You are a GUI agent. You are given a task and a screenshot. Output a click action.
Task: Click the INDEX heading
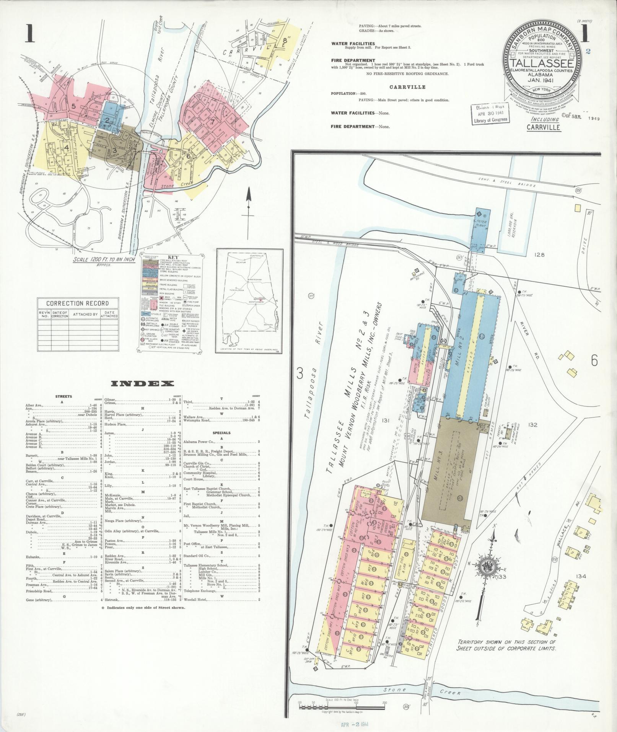pyautogui.click(x=143, y=383)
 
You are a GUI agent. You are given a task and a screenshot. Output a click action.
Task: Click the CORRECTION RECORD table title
pyautogui.click(x=77, y=303)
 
